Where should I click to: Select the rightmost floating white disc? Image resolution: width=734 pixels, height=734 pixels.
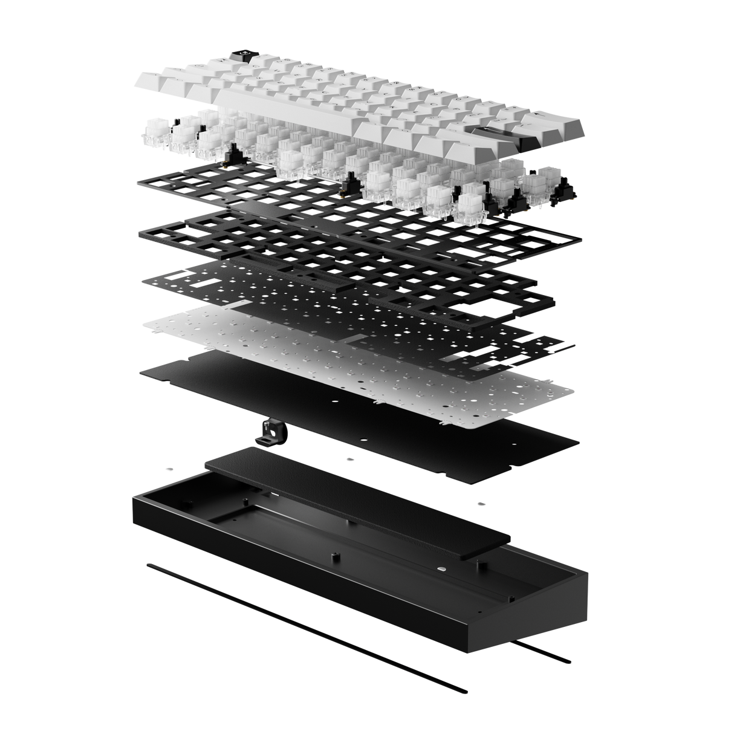(x=481, y=503)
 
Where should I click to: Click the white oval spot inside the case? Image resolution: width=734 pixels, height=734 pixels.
(x=443, y=568)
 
